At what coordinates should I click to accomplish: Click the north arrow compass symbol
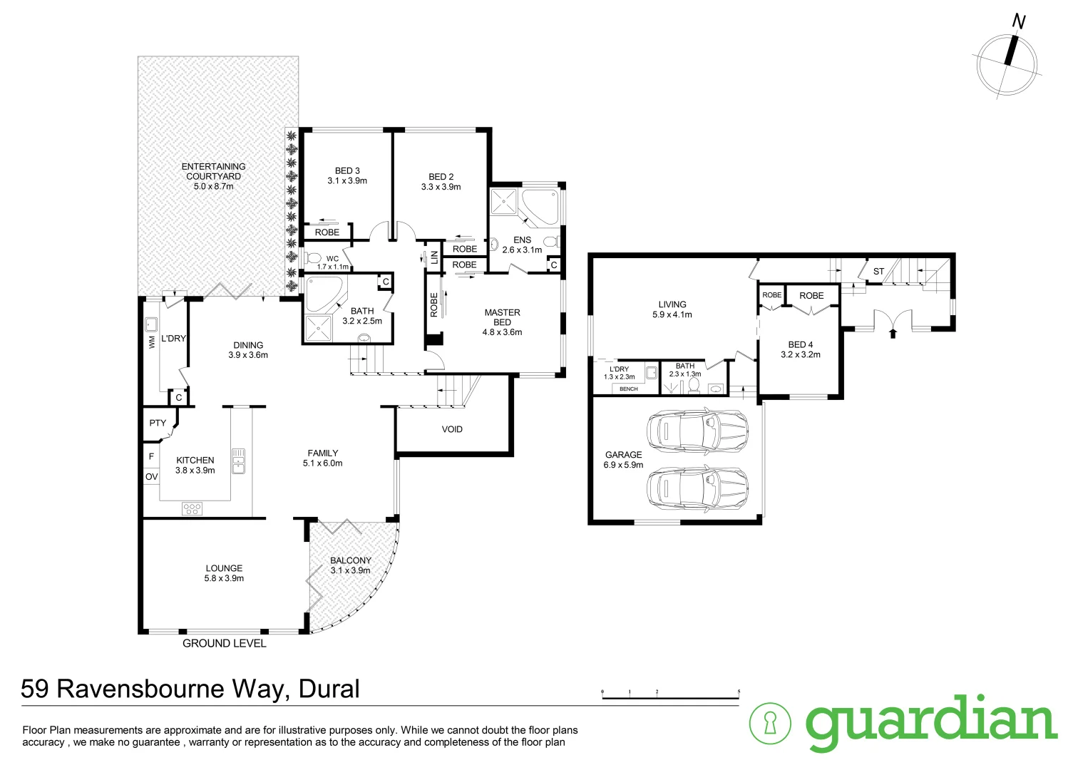[x=1006, y=63]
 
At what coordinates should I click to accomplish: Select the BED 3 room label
[x=347, y=170]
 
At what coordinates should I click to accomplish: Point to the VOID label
[x=452, y=429]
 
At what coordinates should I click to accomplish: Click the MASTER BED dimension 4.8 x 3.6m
[x=502, y=332]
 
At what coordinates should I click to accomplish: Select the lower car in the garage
[x=697, y=488]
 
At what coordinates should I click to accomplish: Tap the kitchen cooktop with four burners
[x=192, y=508]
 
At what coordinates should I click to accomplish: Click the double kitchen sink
[x=238, y=461]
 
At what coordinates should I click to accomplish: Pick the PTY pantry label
[x=158, y=423]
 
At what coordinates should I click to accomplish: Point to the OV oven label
[x=151, y=476]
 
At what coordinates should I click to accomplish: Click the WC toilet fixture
[x=312, y=258]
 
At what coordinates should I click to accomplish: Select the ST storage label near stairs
[x=878, y=272]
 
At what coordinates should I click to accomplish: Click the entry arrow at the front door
[x=893, y=332]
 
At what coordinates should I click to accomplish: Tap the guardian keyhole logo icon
[x=770, y=723]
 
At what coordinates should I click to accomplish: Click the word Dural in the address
[x=329, y=689]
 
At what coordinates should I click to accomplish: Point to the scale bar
[x=670, y=697]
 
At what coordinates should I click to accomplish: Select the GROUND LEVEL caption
[x=224, y=643]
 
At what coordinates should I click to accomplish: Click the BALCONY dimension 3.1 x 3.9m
[x=350, y=570]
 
